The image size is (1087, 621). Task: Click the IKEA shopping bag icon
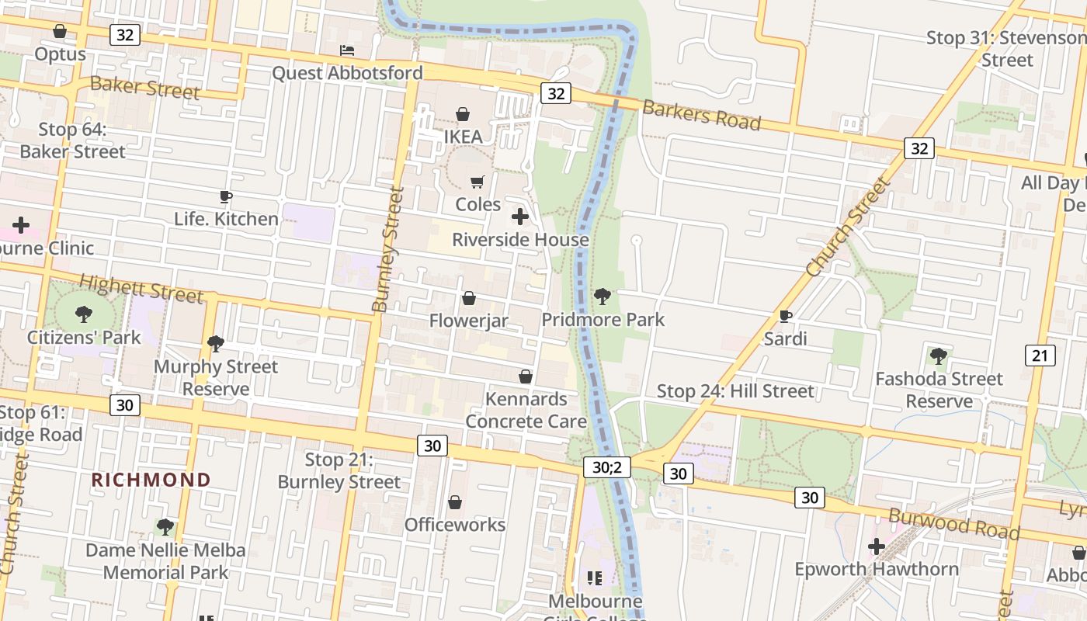click(x=463, y=115)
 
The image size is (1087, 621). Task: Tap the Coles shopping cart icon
click(x=478, y=182)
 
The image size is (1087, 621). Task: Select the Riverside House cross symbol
click(x=520, y=217)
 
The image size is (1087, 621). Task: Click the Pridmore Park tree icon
click(x=602, y=297)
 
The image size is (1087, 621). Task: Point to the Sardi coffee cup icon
click(x=785, y=316)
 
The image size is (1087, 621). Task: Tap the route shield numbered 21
click(x=1040, y=356)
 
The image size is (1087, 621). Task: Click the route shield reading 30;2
click(x=607, y=467)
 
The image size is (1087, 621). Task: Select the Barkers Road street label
click(x=701, y=116)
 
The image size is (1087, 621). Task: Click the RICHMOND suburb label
click(x=151, y=480)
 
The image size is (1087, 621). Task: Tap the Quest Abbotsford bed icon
click(x=347, y=50)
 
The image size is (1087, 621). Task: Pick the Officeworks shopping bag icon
click(x=455, y=502)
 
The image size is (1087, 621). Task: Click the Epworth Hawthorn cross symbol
click(x=877, y=546)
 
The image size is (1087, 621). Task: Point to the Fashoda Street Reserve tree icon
click(x=939, y=356)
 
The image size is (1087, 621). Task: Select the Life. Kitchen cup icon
click(x=226, y=196)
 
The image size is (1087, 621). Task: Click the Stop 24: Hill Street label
click(x=735, y=391)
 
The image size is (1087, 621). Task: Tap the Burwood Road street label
click(x=953, y=524)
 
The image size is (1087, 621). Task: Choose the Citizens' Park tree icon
click(x=84, y=314)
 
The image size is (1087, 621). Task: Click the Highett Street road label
click(x=141, y=288)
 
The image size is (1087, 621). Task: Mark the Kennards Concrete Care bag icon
click(x=526, y=376)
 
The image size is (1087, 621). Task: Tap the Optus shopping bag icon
click(x=60, y=31)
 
